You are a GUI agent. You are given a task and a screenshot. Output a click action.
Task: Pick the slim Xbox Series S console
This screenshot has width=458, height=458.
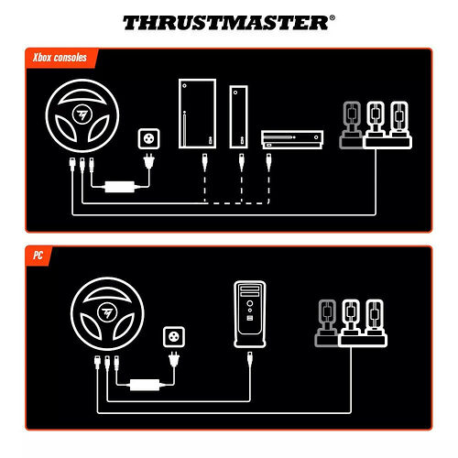coord(239,118)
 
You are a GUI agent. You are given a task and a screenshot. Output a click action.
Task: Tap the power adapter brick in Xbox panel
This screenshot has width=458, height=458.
coord(118,187)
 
